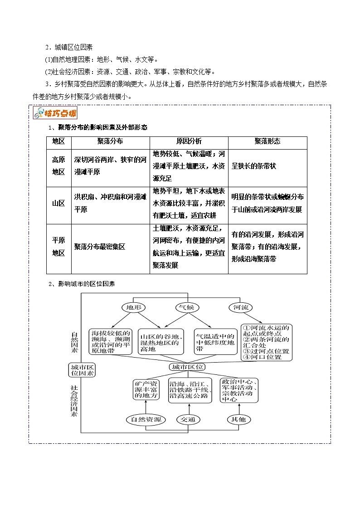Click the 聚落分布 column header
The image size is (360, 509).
pyautogui.click(x=110, y=141)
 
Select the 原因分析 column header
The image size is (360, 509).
pyautogui.click(x=189, y=141)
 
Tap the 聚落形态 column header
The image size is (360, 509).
pyautogui.click(x=268, y=141)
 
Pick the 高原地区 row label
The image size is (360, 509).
pyautogui.click(x=58, y=166)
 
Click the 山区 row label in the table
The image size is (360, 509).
pyautogui.click(x=58, y=204)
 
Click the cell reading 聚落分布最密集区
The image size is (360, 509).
pyautogui.click(x=99, y=247)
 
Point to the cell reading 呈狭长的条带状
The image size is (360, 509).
pyautogui.click(x=254, y=166)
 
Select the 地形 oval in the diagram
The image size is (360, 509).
pyautogui.click(x=134, y=307)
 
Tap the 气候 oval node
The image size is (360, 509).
pyautogui.click(x=187, y=307)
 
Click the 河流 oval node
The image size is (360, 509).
pyautogui.click(x=241, y=307)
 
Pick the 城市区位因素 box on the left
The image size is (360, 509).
pyautogui.click(x=82, y=370)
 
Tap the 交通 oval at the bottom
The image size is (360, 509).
pyautogui.click(x=187, y=419)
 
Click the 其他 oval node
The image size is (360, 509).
pyautogui.click(x=238, y=419)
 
